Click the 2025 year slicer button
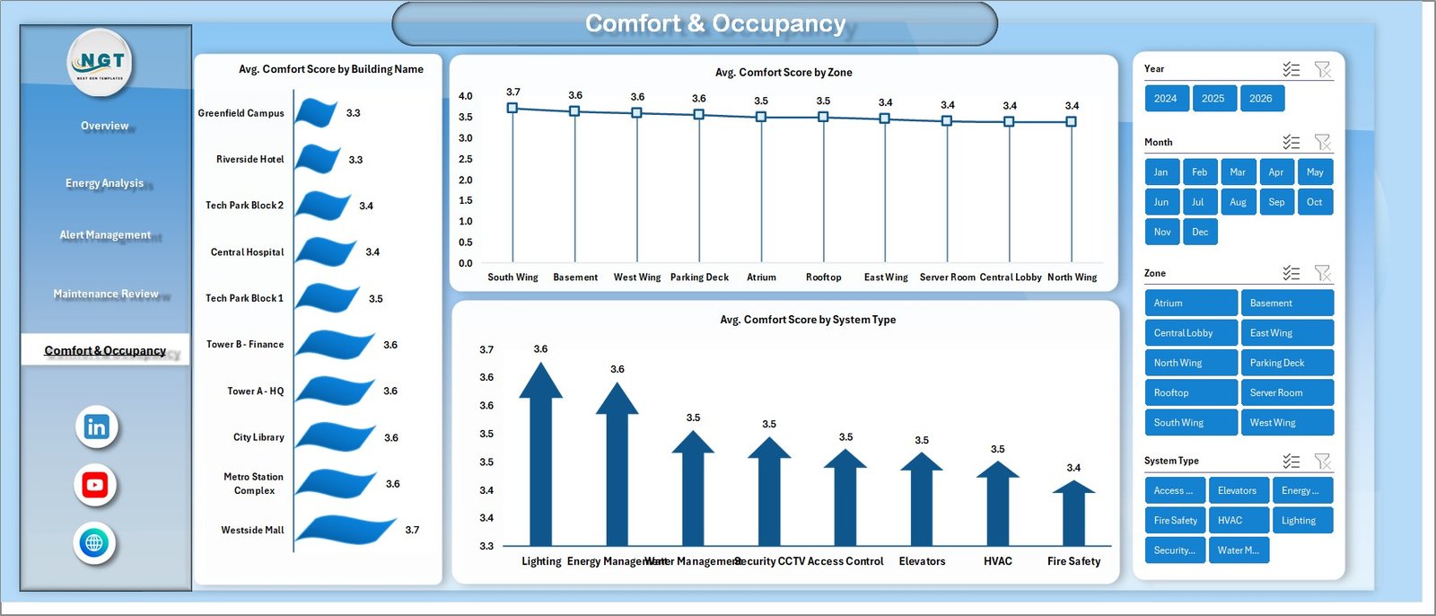click(1213, 99)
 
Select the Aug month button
click(1238, 202)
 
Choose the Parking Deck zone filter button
click(1286, 363)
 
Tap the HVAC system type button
click(1238, 520)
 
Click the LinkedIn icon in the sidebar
click(96, 427)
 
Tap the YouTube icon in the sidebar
click(95, 485)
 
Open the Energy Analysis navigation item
click(104, 183)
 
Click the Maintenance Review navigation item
click(106, 294)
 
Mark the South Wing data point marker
click(512, 108)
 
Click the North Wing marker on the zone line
click(1071, 121)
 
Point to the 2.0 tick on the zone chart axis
click(465, 180)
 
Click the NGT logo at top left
click(101, 62)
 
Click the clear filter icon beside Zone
click(1322, 273)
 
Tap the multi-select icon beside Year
click(1291, 69)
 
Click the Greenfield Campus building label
click(241, 113)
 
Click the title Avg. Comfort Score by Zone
click(784, 73)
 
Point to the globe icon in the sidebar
click(94, 542)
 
